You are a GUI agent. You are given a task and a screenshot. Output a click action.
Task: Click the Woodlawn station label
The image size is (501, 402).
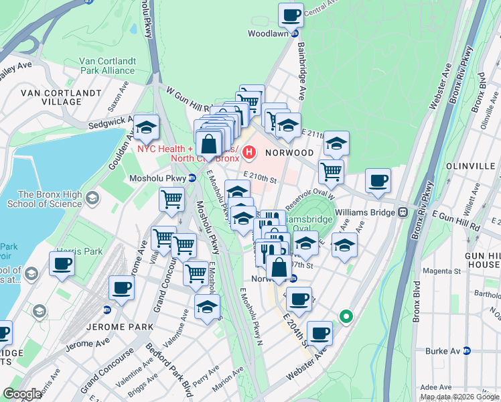(x=267, y=33)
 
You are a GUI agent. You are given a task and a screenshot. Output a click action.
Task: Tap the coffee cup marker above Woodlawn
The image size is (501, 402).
(x=291, y=15)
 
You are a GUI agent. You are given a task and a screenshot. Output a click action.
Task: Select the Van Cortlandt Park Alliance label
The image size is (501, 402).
(x=107, y=66)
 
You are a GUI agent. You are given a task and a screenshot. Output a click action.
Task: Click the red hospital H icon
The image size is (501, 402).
(x=250, y=153)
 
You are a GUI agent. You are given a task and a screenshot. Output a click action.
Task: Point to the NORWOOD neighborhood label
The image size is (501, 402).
(x=289, y=153)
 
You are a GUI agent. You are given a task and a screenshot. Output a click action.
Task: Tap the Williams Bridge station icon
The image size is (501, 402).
(x=403, y=212)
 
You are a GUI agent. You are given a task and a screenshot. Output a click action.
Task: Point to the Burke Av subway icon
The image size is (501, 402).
(x=468, y=350)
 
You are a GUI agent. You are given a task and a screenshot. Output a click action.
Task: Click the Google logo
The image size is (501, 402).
(x=22, y=393)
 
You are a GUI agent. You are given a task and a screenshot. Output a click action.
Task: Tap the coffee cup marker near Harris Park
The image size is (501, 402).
(x=62, y=263)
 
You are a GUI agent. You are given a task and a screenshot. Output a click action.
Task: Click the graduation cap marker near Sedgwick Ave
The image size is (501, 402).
(x=145, y=126)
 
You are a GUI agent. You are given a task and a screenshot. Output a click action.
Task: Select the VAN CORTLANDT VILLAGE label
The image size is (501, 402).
(x=52, y=97)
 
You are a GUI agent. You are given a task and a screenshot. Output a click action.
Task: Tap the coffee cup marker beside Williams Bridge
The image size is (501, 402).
(x=378, y=180)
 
